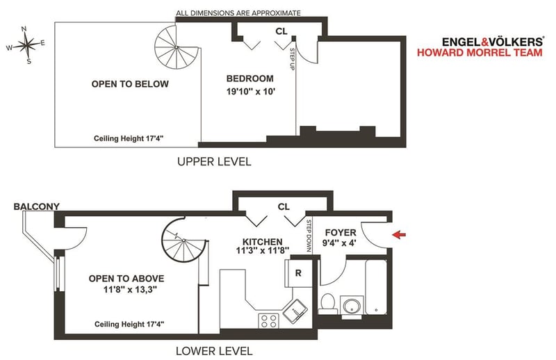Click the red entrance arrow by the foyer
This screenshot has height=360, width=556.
pyautogui.click(x=399, y=234)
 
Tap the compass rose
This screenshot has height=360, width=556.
pyautogui.click(x=26, y=44)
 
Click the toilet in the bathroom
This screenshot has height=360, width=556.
pyautogui.click(x=327, y=304)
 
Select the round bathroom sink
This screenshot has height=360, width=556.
pyautogui.click(x=352, y=306)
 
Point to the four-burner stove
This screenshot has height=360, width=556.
pyautogui.click(x=268, y=320)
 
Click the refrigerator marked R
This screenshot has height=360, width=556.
pyautogui.click(x=298, y=273)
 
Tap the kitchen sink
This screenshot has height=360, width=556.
pyautogui.click(x=295, y=311)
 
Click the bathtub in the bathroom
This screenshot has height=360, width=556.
pyautogui.click(x=376, y=287)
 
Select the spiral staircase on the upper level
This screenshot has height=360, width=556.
pyautogui.click(x=177, y=47)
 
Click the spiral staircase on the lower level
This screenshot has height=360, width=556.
pyautogui.click(x=184, y=240)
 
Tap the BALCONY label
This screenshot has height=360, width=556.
pyautogui.click(x=37, y=206)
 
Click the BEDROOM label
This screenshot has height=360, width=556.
pyautogui.click(x=250, y=79)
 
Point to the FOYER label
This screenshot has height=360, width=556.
pyautogui.click(x=341, y=233)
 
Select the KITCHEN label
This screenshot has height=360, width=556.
pyautogui.click(x=263, y=242)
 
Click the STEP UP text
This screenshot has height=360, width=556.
pyautogui.click(x=293, y=59)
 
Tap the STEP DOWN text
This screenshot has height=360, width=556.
pyautogui.click(x=309, y=236)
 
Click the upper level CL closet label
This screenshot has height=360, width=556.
pyautogui.click(x=281, y=31)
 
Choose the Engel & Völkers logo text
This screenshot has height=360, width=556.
pyautogui.click(x=493, y=42)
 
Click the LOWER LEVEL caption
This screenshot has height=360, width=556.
pyautogui.click(x=214, y=351)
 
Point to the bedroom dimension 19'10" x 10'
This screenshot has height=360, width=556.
pyautogui.click(x=251, y=92)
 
